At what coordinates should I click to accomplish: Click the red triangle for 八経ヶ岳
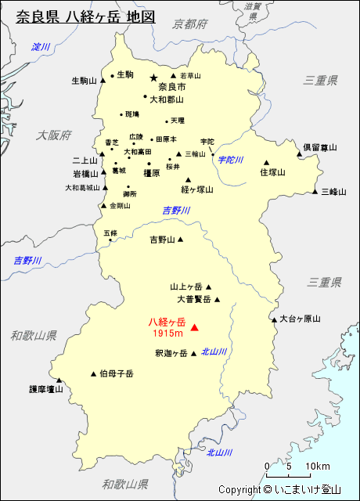pos(195,327)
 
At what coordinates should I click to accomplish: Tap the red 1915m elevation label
pos(167,333)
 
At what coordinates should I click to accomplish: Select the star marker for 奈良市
pos(153,77)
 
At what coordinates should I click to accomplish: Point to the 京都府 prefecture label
pos(191,24)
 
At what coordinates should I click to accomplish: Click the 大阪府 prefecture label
pos(53,135)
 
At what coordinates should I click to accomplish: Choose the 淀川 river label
pos(41,48)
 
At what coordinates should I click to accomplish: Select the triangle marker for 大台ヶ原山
pos(274,319)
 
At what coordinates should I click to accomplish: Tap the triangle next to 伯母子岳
pos(94,373)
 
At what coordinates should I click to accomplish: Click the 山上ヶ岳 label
pos(186,287)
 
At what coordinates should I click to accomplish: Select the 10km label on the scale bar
pos(318,467)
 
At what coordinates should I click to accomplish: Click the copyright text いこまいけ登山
pos(313,490)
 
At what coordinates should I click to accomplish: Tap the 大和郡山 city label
pos(166,99)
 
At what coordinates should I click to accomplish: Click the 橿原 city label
pos(152,172)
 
